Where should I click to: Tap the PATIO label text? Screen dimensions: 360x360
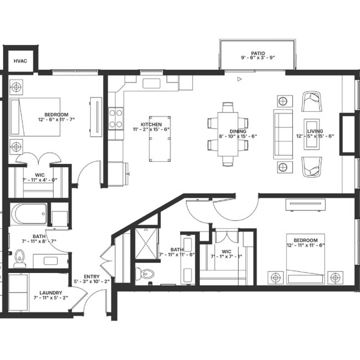pyautogui.click(x=258, y=54)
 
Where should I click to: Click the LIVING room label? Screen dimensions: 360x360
pyautogui.click(x=315, y=131)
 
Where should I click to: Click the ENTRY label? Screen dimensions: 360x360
pyautogui.click(x=92, y=277)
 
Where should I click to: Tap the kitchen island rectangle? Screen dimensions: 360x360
pyautogui.click(x=159, y=138)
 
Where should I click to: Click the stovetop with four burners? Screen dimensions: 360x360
pyautogui.click(x=116, y=117)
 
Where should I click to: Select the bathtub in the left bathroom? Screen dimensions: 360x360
pyautogui.click(x=28, y=213)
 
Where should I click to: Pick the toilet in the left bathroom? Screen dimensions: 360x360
pyautogui.click(x=19, y=258)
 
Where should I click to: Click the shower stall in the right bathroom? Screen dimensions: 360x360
pyautogui.click(x=147, y=244)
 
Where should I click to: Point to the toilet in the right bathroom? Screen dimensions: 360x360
pyautogui.click(x=145, y=274)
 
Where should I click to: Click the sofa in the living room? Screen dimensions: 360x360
pyautogui.click(x=283, y=134)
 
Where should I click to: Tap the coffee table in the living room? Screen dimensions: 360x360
pyautogui.click(x=313, y=134)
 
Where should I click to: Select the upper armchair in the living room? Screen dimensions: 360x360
pyautogui.click(x=312, y=102)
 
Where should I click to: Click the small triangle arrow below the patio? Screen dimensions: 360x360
pyautogui.click(x=239, y=79)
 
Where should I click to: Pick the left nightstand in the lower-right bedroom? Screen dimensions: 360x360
pyautogui.click(x=276, y=277)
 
